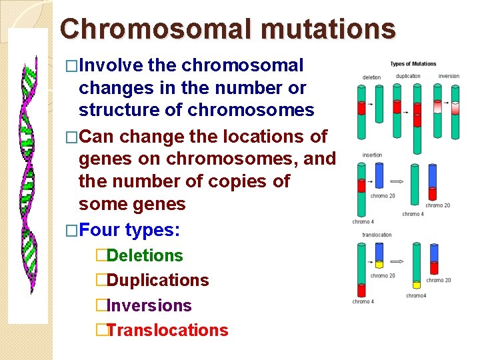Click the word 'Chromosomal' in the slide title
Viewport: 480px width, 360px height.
[153, 29]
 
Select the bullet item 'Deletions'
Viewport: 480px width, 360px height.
[145, 255]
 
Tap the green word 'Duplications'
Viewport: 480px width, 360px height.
[157, 281]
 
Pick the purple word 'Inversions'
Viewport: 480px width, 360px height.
[149, 306]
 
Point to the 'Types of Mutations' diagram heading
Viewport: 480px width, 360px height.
[413, 64]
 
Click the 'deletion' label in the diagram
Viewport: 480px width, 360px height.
[371, 77]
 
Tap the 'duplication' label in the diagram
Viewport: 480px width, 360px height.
[408, 76]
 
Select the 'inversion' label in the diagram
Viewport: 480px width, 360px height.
[449, 76]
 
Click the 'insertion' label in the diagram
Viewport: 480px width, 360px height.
[372, 155]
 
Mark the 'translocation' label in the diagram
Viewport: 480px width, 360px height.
[377, 235]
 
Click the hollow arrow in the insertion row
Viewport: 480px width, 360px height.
[398, 181]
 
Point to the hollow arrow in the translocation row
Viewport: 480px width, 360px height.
[398, 262]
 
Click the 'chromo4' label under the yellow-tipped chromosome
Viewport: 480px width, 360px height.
[416, 295]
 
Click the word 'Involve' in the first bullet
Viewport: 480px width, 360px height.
[111, 66]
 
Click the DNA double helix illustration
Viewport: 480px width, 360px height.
[28, 177]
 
